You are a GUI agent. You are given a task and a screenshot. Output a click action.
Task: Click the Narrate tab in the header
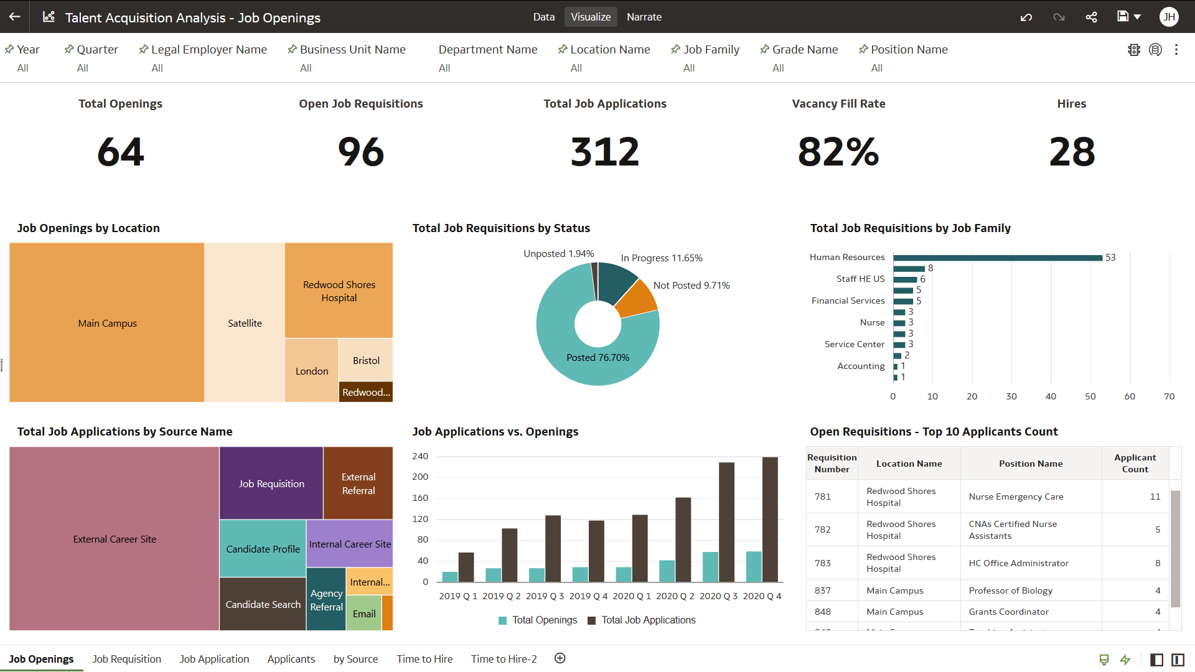(644, 17)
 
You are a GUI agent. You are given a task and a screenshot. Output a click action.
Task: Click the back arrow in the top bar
(15, 17)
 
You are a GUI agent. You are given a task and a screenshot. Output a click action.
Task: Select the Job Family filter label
(711, 49)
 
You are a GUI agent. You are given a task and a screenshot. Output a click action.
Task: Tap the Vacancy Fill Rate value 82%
(838, 152)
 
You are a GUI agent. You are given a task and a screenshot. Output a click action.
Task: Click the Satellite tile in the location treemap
(245, 323)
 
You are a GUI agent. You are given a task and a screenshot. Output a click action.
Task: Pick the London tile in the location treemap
(311, 371)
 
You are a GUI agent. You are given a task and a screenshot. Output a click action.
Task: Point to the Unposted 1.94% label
(558, 253)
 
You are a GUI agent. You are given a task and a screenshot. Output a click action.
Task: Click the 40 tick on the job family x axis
(1051, 396)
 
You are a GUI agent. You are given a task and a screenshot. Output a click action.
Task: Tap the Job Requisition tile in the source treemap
(271, 483)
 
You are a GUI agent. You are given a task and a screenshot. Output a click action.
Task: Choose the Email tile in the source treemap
(363, 614)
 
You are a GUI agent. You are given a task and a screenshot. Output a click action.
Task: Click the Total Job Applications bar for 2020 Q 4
(770, 520)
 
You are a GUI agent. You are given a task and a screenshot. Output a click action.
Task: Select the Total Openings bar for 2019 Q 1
(449, 577)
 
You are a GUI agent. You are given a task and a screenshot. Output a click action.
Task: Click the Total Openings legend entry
(538, 620)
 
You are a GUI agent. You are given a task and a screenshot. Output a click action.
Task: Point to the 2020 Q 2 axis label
(675, 596)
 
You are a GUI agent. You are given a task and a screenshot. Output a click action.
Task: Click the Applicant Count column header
(1135, 463)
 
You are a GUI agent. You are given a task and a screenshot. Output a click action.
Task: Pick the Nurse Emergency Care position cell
(1016, 497)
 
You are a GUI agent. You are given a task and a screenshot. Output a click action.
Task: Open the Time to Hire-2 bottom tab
(504, 659)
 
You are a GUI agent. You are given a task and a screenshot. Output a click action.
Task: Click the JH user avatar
(1169, 17)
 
